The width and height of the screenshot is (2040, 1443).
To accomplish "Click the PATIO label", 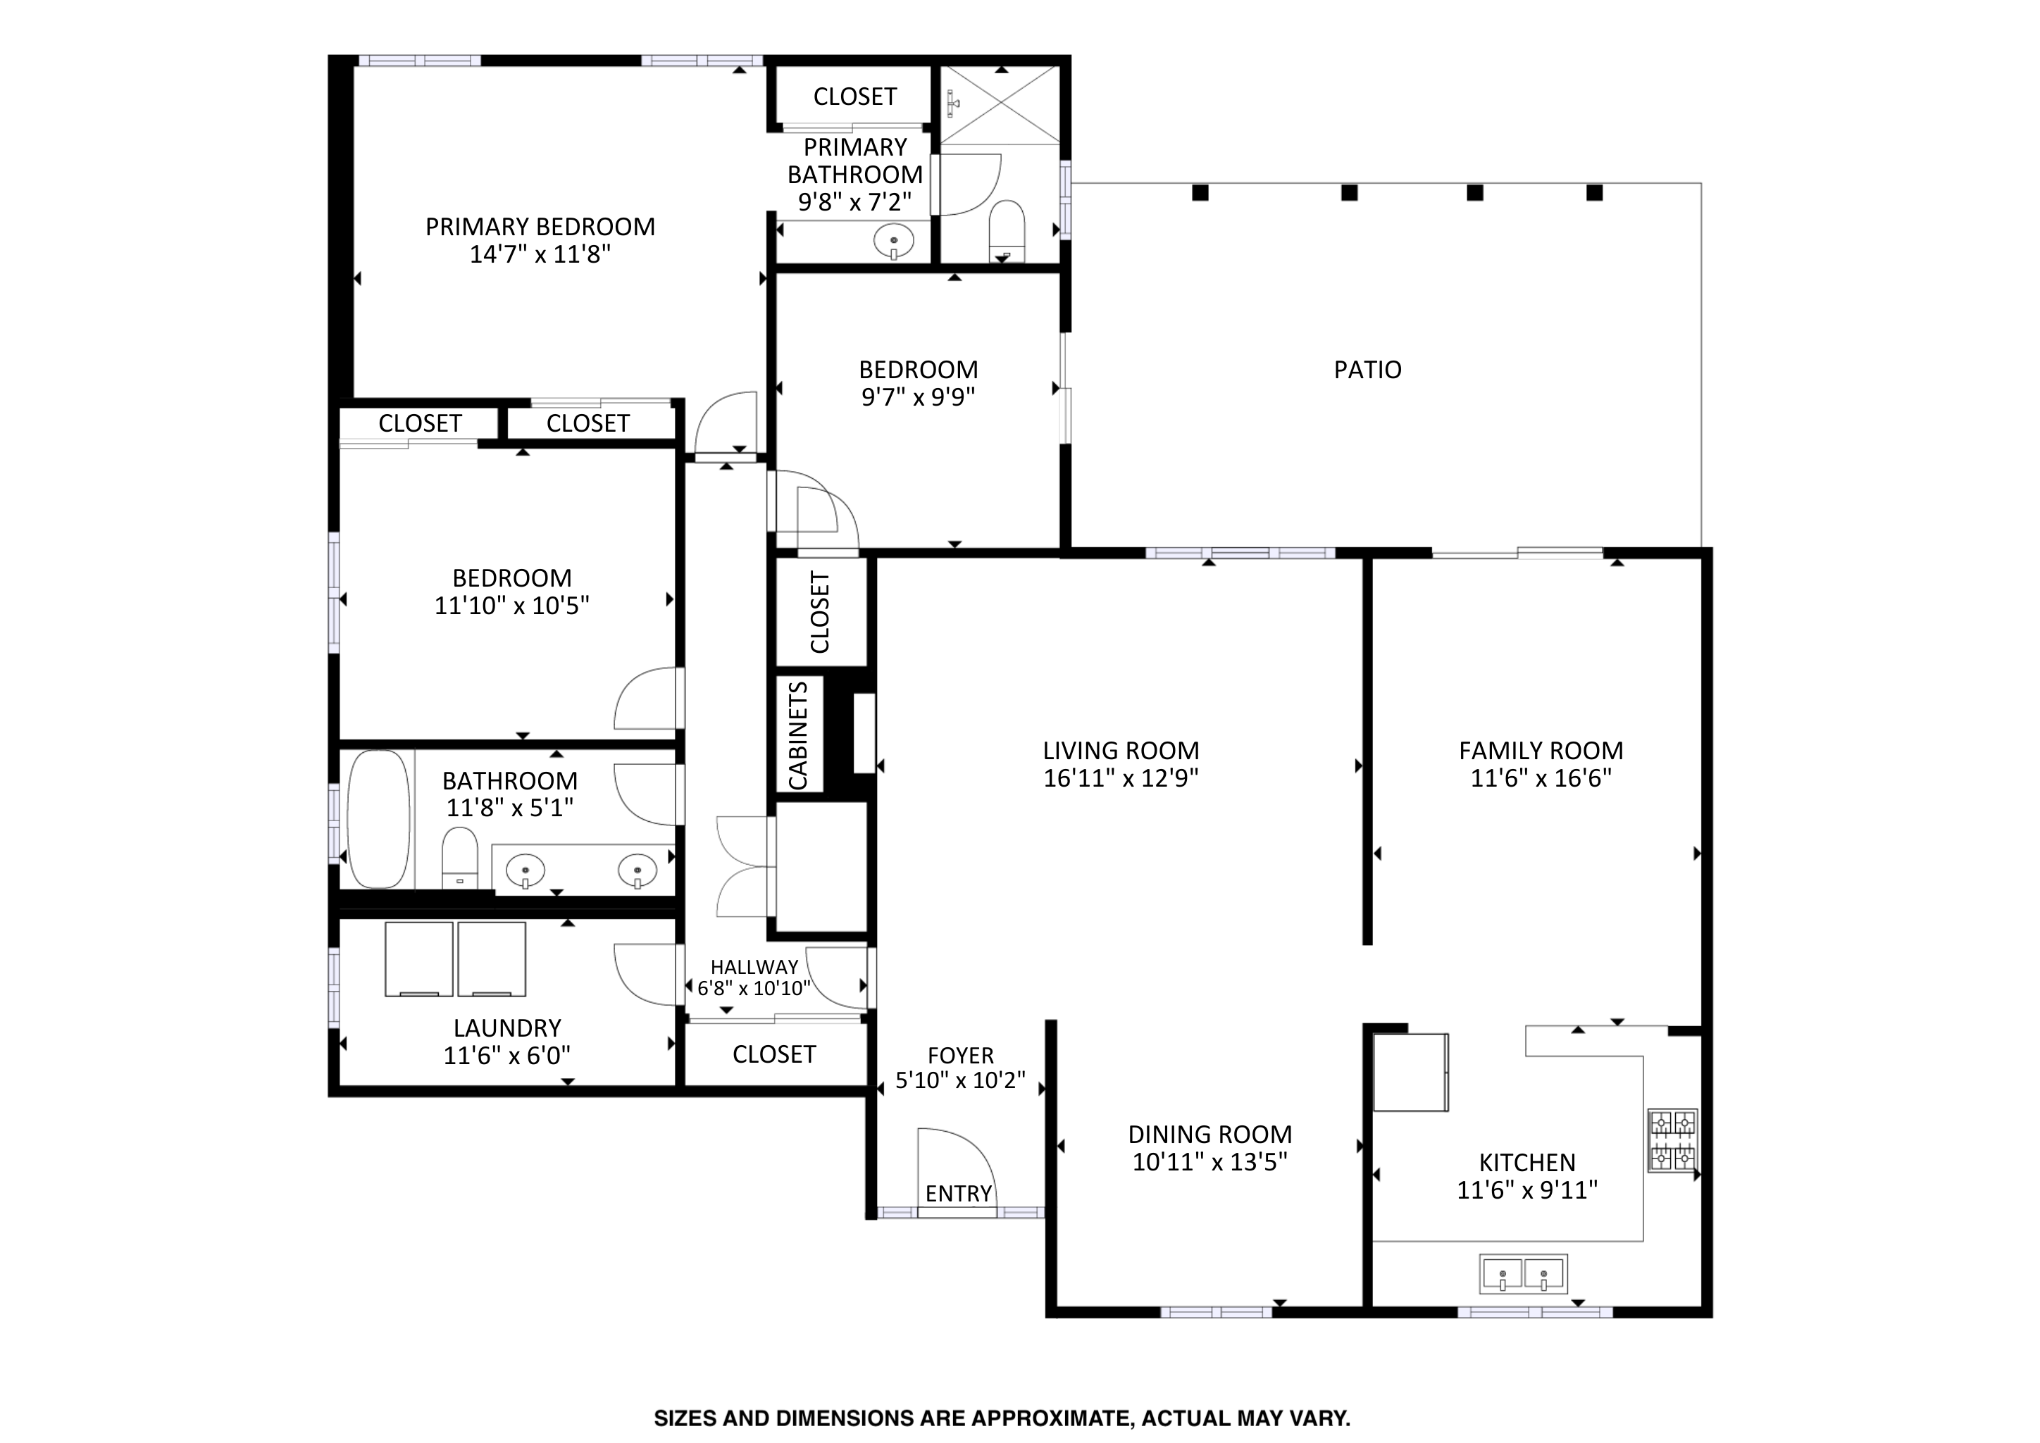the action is click(1367, 370).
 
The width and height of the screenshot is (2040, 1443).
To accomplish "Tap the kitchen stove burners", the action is click(1673, 1140).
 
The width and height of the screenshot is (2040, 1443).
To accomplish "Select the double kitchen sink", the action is click(1523, 1274).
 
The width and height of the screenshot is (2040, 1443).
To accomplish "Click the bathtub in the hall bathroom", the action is click(378, 818).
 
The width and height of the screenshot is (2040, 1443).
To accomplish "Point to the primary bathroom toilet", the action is click(1006, 231).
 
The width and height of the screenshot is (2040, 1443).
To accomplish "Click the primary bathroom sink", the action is click(894, 241).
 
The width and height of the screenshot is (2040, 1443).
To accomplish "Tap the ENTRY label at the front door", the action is click(959, 1193).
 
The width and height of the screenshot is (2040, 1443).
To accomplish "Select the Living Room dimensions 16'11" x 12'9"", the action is click(1121, 778).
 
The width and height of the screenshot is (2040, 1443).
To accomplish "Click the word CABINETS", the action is click(798, 735).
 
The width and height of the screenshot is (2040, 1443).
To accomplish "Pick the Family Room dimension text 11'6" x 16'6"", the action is click(1541, 778).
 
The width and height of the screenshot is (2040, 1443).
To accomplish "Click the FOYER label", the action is click(960, 1056).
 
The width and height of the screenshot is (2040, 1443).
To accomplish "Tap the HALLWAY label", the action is click(754, 967).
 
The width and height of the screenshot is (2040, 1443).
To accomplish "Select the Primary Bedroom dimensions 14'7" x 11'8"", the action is click(540, 255).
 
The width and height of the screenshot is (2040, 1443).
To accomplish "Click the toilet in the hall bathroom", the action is click(459, 858).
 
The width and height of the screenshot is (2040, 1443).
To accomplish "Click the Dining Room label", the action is click(1210, 1134).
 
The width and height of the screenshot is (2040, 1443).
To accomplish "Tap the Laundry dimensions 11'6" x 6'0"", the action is click(507, 1056).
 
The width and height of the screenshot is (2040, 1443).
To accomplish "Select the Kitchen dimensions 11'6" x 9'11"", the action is click(1527, 1189).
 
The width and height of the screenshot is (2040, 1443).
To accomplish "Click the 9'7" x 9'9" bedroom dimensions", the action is click(919, 397).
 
